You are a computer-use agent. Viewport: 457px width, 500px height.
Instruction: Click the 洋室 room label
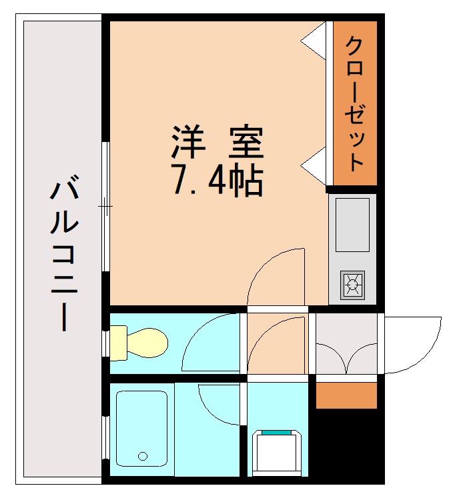pos(217,141)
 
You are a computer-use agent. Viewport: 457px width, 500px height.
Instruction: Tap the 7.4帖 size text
pos(217,180)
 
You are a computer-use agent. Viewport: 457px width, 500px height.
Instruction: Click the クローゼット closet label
pos(355,103)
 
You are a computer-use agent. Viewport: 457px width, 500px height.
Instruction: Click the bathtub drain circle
pos(142,456)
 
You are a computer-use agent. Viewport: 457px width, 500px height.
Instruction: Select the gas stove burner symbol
pos(352,285)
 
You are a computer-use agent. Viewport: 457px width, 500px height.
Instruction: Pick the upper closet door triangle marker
pos(315,41)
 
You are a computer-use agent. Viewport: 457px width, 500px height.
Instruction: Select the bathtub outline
pos(141,429)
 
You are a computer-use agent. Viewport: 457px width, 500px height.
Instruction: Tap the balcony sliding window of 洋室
pos(105,206)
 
